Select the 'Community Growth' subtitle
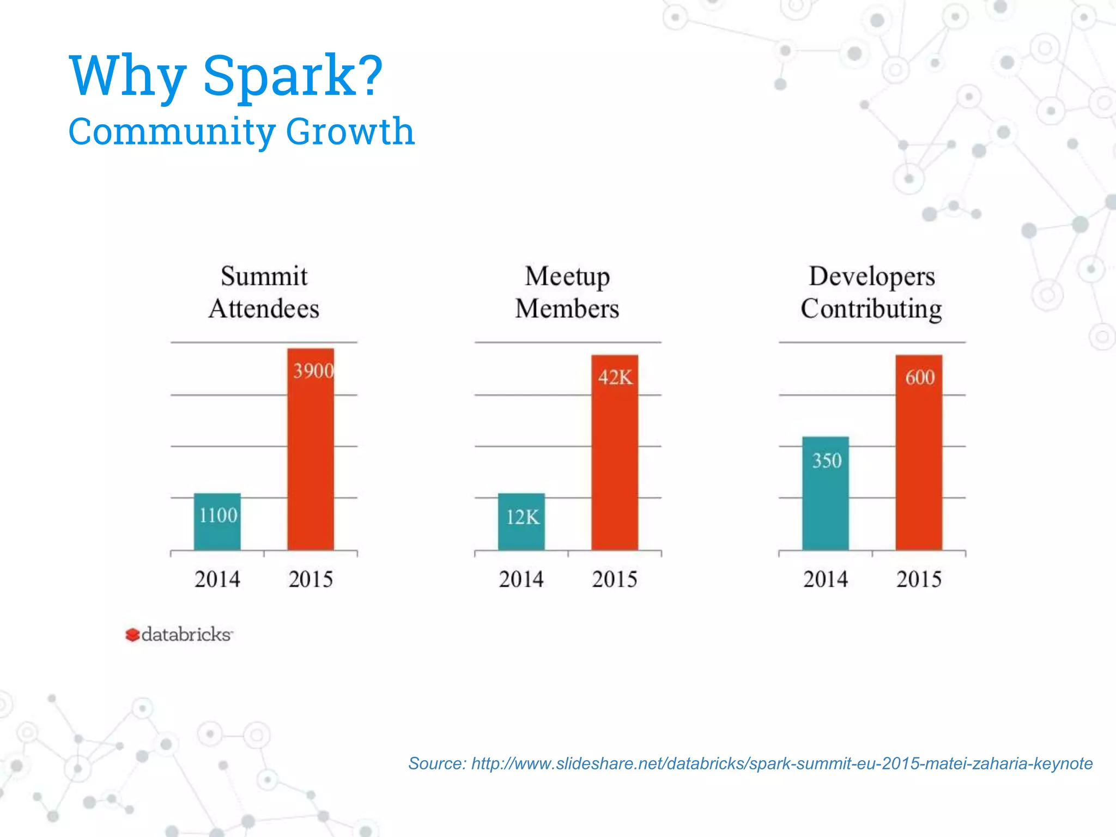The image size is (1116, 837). point(241,131)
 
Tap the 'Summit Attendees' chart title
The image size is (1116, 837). point(264,292)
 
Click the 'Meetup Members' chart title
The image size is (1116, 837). point(567,292)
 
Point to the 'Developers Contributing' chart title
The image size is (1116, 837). point(871,292)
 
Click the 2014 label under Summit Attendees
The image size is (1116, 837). point(217,579)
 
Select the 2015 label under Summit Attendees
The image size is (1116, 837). point(311,579)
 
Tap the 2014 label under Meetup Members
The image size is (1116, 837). point(521,579)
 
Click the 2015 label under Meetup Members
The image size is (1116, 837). point(615,579)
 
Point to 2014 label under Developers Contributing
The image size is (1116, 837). point(825,579)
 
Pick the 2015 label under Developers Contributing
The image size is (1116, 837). point(919,579)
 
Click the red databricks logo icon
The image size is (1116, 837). point(132,635)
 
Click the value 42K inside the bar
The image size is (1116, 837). point(615,377)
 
